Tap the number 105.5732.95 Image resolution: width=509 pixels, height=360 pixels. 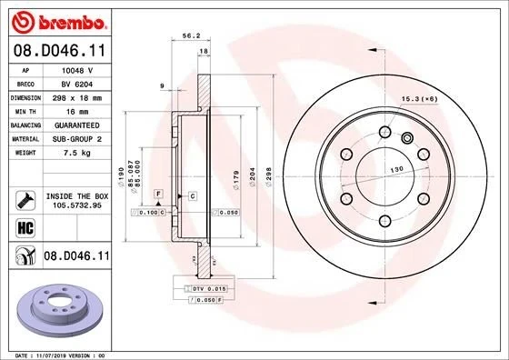(76, 205)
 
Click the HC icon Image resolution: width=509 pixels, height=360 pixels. (24, 227)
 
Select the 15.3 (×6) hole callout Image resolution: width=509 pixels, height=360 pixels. (418, 97)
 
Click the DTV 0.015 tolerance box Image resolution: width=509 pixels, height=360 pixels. (202, 288)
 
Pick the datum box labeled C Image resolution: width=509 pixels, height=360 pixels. (193, 195)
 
